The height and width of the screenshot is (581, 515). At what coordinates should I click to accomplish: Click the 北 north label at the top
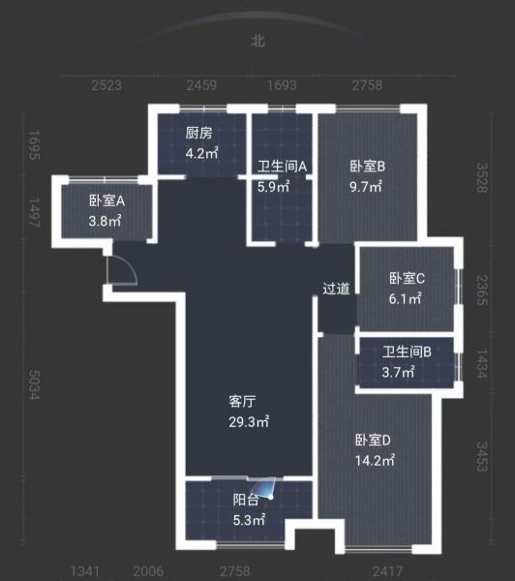pyautogui.click(x=257, y=41)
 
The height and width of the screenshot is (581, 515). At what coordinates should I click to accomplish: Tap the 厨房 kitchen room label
pyautogui.click(x=199, y=133)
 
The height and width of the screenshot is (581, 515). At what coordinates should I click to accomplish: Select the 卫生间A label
pyautogui.click(x=282, y=167)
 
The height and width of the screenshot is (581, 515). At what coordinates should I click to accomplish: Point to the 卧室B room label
pyautogui.click(x=368, y=166)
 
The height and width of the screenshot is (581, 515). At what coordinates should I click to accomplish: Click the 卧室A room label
pyautogui.click(x=106, y=200)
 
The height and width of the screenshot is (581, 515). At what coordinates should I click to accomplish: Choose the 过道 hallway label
pyautogui.click(x=336, y=289)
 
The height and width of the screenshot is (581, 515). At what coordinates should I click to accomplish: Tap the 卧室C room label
pyautogui.click(x=407, y=278)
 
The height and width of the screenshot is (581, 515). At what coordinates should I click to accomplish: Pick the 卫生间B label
pyautogui.click(x=407, y=352)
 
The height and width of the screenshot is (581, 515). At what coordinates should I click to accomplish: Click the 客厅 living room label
pyautogui.click(x=242, y=401)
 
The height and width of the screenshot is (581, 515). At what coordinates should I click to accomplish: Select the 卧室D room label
pyautogui.click(x=373, y=440)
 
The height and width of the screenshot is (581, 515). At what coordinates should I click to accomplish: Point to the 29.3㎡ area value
pyautogui.click(x=249, y=421)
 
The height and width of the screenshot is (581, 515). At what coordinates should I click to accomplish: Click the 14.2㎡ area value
pyautogui.click(x=375, y=461)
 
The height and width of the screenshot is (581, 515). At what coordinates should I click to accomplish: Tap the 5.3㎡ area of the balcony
pyautogui.click(x=249, y=520)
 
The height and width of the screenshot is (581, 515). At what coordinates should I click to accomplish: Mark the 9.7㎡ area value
pyautogui.click(x=366, y=187)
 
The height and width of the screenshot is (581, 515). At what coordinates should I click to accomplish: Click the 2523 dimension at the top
pyautogui.click(x=106, y=85)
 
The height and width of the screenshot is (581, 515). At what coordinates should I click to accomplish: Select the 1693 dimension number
pyautogui.click(x=282, y=85)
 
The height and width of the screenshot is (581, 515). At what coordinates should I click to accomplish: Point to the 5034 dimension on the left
pyautogui.click(x=34, y=384)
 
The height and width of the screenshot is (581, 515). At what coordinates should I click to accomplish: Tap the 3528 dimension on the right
pyautogui.click(x=482, y=178)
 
